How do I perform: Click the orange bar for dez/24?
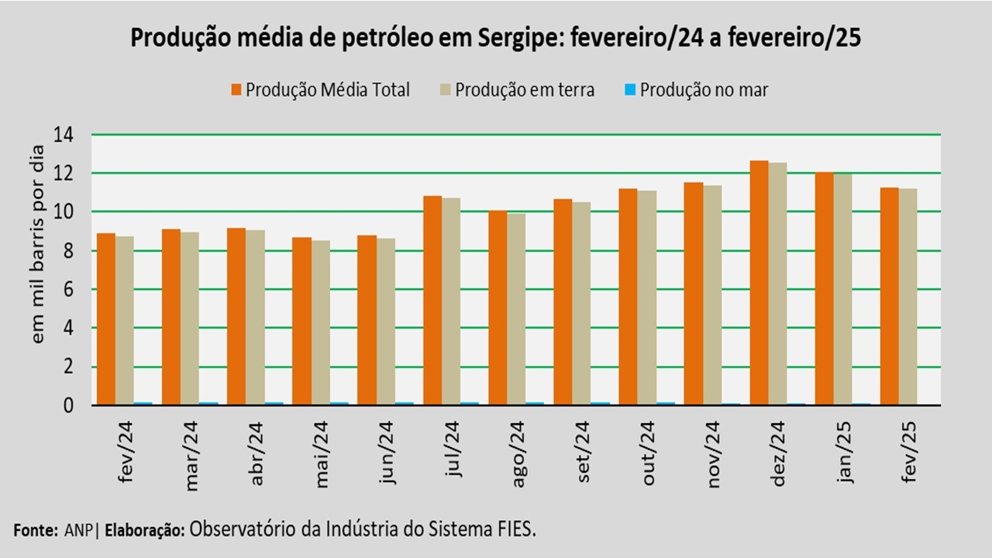[x=758, y=283]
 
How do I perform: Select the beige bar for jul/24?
[x=451, y=301]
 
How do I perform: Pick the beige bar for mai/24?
[x=320, y=322]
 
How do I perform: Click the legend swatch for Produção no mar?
[x=630, y=90]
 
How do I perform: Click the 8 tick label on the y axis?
[x=68, y=250]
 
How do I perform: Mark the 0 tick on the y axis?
[x=68, y=405]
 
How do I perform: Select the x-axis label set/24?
[x=586, y=452]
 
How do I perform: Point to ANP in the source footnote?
[x=76, y=531]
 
